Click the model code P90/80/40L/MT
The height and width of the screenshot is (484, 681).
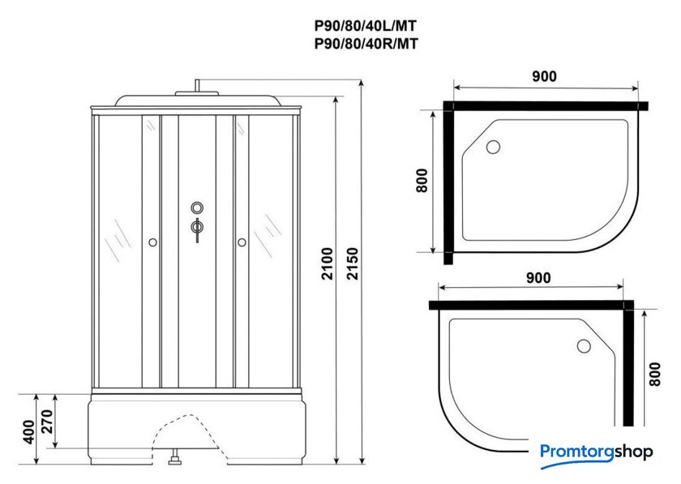click(366, 26)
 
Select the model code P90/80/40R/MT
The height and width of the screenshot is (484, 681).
click(366, 44)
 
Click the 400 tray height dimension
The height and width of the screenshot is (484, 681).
click(28, 431)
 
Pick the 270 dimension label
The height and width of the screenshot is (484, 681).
click(46, 422)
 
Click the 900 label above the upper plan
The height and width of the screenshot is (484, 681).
click(544, 76)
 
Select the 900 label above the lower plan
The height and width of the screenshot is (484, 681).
click(538, 278)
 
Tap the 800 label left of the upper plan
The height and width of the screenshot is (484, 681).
click(422, 180)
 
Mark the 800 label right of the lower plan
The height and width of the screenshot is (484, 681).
click(654, 374)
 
